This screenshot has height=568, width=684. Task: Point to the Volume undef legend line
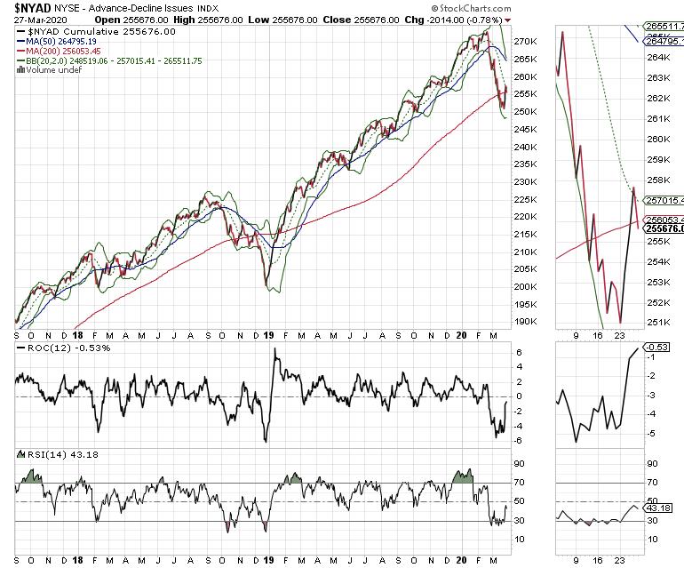pyautogui.click(x=50, y=71)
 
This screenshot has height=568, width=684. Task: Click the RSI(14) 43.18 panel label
pyautogui.click(x=50, y=455)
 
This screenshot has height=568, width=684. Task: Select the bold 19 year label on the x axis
pyautogui.click(x=268, y=335)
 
